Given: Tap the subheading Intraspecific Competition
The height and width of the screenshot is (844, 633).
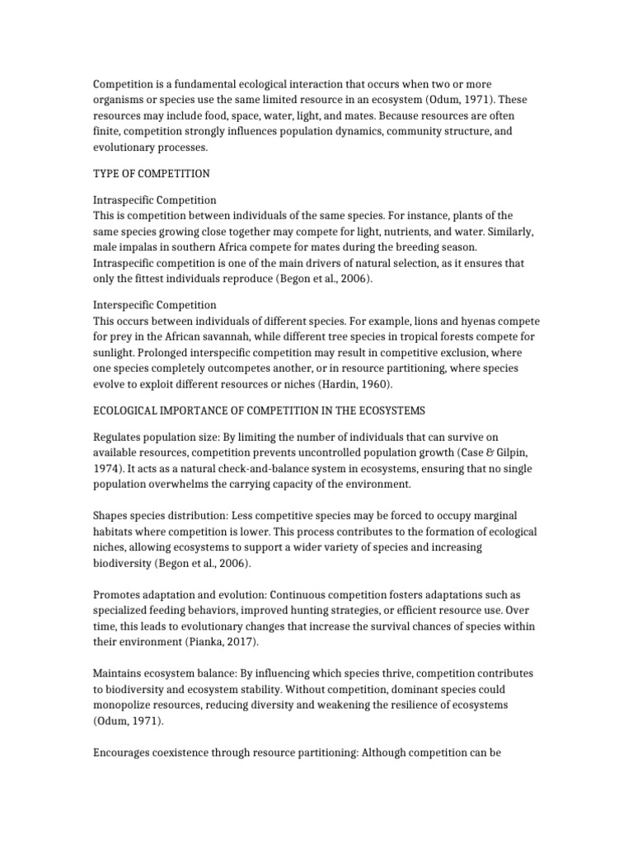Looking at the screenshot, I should point(154,200).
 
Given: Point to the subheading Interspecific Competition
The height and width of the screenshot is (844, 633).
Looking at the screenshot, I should point(154,305).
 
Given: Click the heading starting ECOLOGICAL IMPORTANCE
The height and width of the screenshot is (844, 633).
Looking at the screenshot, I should point(258,409).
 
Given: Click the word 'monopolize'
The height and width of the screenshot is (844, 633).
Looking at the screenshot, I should point(125,704).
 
